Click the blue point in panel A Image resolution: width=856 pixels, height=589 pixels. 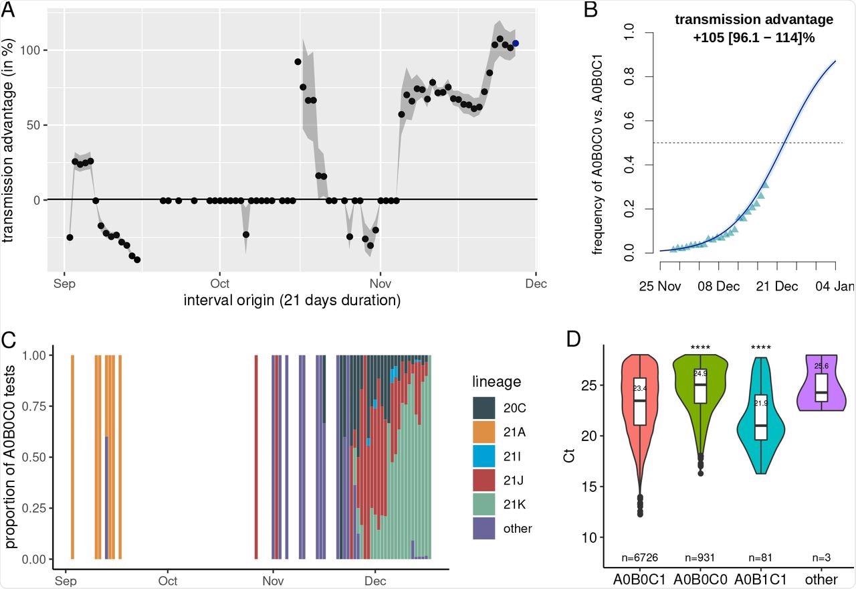coord(515,44)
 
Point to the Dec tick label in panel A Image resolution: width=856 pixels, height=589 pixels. coord(536,284)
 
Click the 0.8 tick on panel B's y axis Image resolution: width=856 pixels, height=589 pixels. coord(628,77)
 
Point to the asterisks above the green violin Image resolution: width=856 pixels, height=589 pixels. coord(700,348)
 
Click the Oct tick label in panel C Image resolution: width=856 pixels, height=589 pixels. coord(168,581)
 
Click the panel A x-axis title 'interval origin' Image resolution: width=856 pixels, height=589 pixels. coord(292,301)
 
